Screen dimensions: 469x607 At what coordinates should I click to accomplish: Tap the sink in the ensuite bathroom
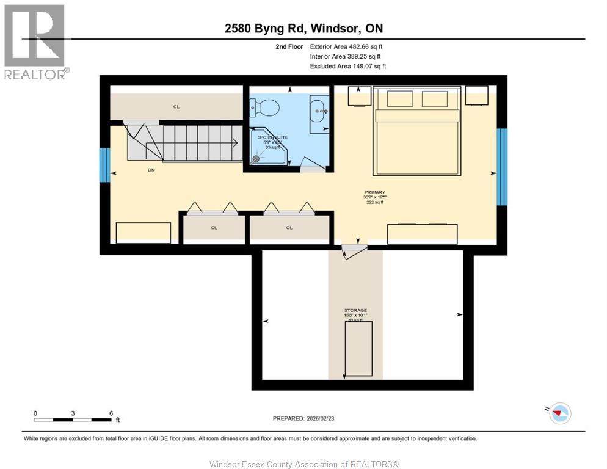[x=318, y=111]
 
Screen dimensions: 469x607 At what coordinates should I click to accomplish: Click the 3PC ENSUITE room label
[x=272, y=137]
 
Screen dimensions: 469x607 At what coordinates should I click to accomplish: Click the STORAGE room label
[x=355, y=310]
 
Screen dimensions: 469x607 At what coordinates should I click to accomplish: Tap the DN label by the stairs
[x=151, y=170]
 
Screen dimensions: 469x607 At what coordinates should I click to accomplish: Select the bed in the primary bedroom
[x=416, y=131]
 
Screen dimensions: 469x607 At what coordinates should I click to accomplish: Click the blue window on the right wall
[x=502, y=167]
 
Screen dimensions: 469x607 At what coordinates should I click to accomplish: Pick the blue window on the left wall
[x=105, y=165]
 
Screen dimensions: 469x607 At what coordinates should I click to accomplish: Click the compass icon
[x=559, y=413]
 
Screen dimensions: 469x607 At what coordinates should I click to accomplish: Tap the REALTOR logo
[x=35, y=42]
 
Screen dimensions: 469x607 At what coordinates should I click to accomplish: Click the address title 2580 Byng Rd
[x=303, y=29]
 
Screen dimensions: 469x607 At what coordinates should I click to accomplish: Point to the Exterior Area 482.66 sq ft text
[x=346, y=46]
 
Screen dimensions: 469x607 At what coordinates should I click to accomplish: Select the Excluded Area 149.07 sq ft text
[x=347, y=66]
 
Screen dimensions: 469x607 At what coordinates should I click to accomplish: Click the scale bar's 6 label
[x=111, y=413]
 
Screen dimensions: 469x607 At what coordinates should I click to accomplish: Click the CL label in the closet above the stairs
[x=176, y=107]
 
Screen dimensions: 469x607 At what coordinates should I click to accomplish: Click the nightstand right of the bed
[x=476, y=96]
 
